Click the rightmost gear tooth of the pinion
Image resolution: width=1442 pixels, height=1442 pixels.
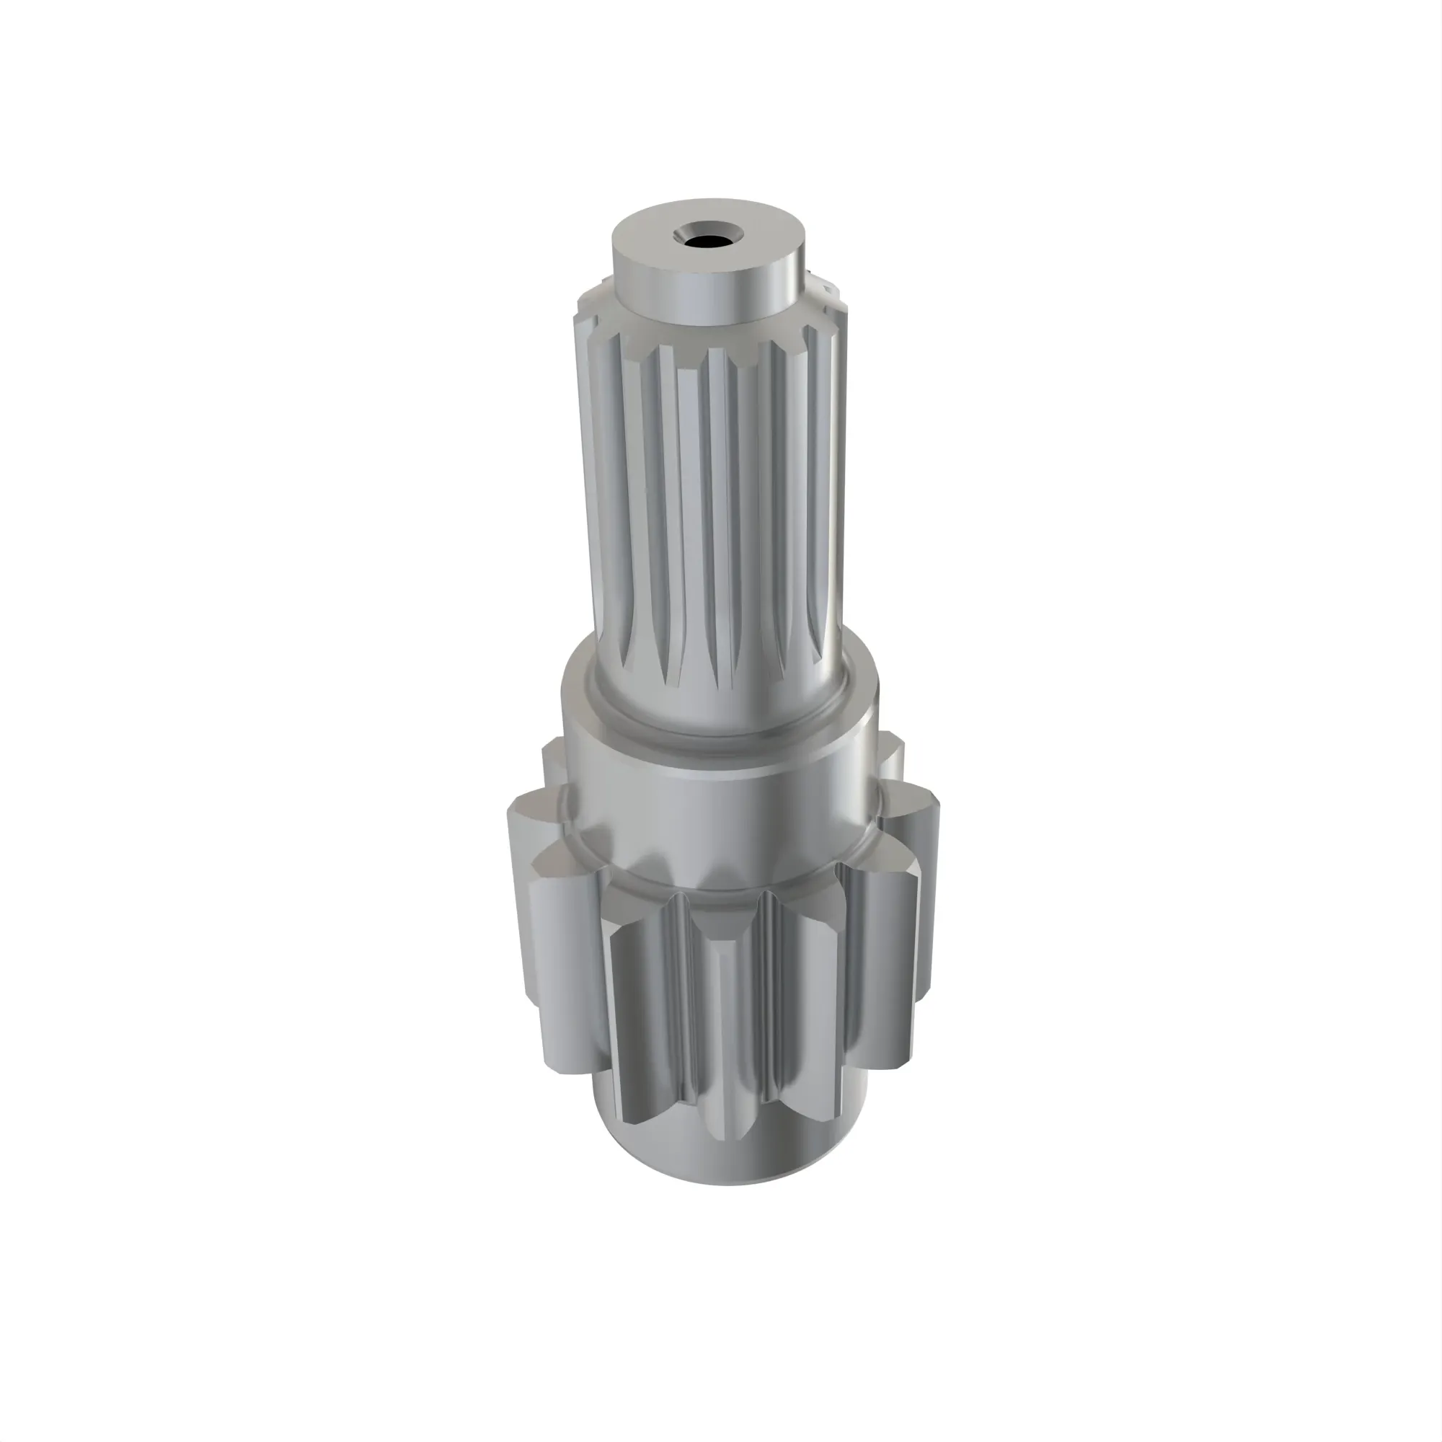pyautogui.click(x=921, y=933)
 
